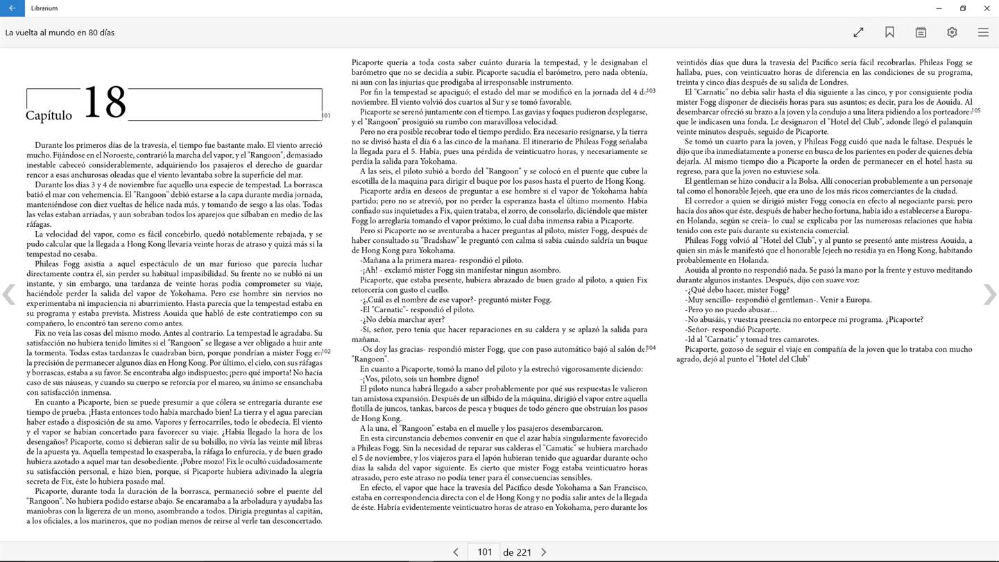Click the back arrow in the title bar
point(12,8)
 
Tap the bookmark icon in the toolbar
point(889,33)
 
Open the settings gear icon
point(952,33)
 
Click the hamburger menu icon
point(983,33)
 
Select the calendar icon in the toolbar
point(921,33)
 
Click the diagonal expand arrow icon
point(858,33)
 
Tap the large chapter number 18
point(105,103)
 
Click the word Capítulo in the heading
point(49,116)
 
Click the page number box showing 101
point(484,552)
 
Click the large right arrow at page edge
point(989,295)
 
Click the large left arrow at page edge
point(9,295)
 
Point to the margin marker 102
point(326,352)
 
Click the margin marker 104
point(651,348)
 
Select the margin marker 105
point(975,110)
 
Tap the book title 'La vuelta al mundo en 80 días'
point(60,33)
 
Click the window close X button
point(987,8)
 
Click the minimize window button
point(939,8)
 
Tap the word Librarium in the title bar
point(44,8)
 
